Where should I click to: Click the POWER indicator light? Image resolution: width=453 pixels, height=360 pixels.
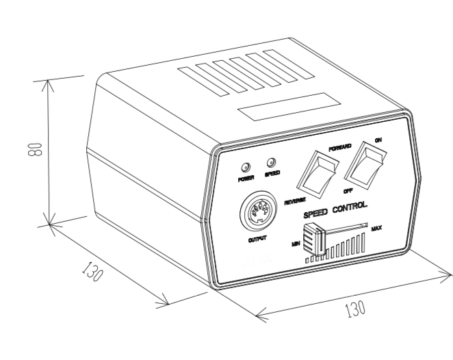[246, 167]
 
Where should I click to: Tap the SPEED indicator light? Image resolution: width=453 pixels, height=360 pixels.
[271, 162]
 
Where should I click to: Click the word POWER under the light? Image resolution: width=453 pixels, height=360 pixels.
[246, 179]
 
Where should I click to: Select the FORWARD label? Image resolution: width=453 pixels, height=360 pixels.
[340, 148]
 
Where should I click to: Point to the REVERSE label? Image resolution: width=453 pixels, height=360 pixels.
[295, 201]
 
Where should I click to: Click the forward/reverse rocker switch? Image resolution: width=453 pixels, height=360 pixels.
[318, 175]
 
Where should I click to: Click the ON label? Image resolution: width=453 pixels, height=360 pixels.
[378, 140]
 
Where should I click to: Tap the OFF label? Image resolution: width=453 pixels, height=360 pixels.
[348, 191]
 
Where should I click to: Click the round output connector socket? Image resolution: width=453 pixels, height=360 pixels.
[259, 211]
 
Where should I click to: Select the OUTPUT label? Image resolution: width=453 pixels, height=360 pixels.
[257, 240]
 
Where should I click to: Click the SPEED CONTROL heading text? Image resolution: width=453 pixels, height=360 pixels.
[335, 210]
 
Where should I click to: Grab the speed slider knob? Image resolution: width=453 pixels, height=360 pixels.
[314, 240]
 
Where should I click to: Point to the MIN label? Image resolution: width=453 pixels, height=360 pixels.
[296, 244]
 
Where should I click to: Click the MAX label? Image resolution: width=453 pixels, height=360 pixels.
[376, 229]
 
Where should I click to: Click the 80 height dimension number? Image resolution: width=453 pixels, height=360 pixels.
[35, 149]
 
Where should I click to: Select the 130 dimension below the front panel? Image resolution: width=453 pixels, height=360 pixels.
[355, 309]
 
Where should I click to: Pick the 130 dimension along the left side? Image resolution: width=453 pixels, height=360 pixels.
[92, 272]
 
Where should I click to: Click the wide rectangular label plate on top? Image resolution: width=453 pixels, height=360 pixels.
[289, 107]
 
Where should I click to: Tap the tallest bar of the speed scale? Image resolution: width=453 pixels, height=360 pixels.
[363, 242]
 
